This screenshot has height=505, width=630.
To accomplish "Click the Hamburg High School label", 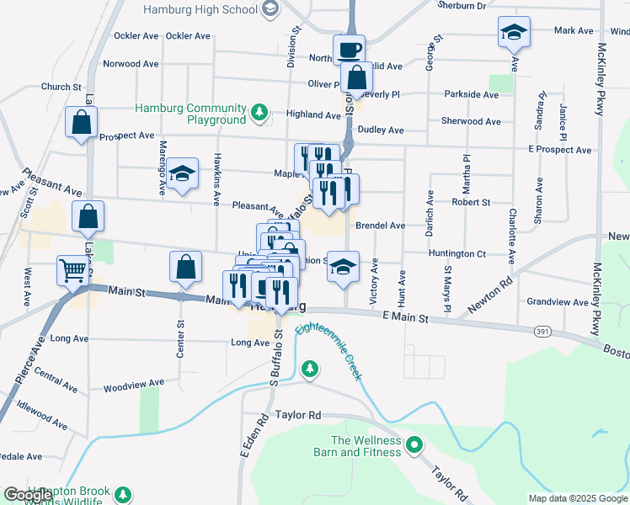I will point(200,10).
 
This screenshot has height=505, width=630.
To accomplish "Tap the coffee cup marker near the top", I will point(349,49).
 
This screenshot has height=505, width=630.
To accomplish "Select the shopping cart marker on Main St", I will point(72,271).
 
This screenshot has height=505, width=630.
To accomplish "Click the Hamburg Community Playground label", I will point(193,114).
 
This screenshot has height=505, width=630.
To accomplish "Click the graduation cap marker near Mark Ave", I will point(514,32).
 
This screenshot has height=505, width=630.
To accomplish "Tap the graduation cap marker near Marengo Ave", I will point(182,173).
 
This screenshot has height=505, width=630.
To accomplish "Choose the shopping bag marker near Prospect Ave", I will point(81,123).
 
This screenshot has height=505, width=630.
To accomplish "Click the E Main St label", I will point(405,317).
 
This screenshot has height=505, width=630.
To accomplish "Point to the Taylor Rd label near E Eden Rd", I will point(299,416).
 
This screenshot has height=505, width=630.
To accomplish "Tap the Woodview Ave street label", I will point(133,385).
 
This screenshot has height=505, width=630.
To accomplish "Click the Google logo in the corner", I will point(27,495).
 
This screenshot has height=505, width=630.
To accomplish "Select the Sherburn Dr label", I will point(462,5).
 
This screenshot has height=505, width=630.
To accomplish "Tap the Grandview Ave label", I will point(550,301).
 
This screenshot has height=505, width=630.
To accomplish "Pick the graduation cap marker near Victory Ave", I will point(343,267).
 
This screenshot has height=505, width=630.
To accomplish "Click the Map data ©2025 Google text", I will point(578,498).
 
